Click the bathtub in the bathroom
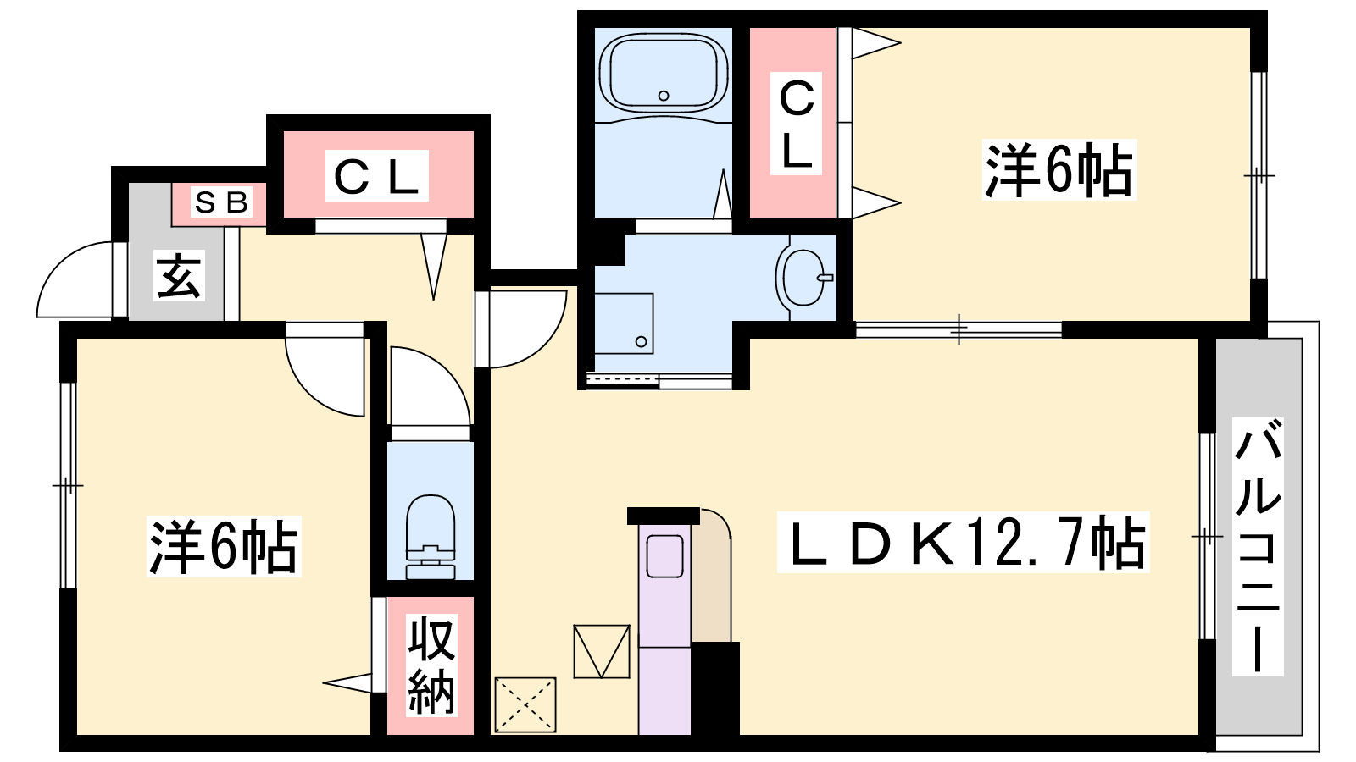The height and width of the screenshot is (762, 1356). tap(664, 74)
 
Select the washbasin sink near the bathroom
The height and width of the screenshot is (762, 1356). tap(805, 278)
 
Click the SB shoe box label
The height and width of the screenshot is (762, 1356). tap(221, 202)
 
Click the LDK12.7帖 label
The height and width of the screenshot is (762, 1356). tap(963, 542)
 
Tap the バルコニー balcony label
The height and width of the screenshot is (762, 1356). tap(1258, 547)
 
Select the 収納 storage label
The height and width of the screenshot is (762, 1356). tap(431, 665)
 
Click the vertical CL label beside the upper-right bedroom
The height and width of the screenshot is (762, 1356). tap(796, 124)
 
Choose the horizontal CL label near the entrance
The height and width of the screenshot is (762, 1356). tap(376, 176)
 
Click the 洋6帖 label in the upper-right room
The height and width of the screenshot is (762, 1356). tap(1059, 170)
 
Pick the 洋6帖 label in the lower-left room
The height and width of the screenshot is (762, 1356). tap(224, 546)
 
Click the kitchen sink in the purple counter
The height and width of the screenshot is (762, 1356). tap(664, 555)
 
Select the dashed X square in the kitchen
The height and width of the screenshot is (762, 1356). tap(525, 705)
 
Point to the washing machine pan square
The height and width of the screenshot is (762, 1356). tap(624, 323)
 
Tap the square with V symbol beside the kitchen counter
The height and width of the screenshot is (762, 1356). tap(602, 651)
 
